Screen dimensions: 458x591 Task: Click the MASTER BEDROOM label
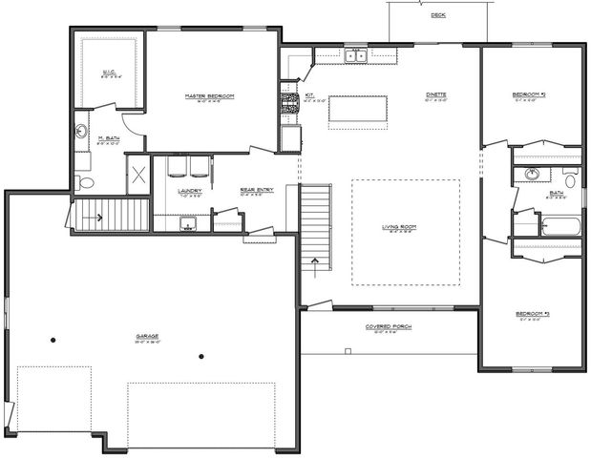[210, 97]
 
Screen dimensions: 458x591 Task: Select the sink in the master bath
[82, 132]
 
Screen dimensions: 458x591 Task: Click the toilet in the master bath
[85, 181]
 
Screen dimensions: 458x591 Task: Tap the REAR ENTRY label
[256, 190]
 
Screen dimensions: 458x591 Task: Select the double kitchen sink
[356, 56]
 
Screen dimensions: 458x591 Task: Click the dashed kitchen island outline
[358, 110]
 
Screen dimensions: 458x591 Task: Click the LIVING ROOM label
[404, 226]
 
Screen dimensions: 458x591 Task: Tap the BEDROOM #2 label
[528, 94]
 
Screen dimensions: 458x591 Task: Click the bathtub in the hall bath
[561, 227]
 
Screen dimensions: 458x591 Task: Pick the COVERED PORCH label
[390, 327]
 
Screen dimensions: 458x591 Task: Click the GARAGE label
[147, 336]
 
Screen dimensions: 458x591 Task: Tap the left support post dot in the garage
[54, 341]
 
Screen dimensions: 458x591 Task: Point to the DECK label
[438, 16]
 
